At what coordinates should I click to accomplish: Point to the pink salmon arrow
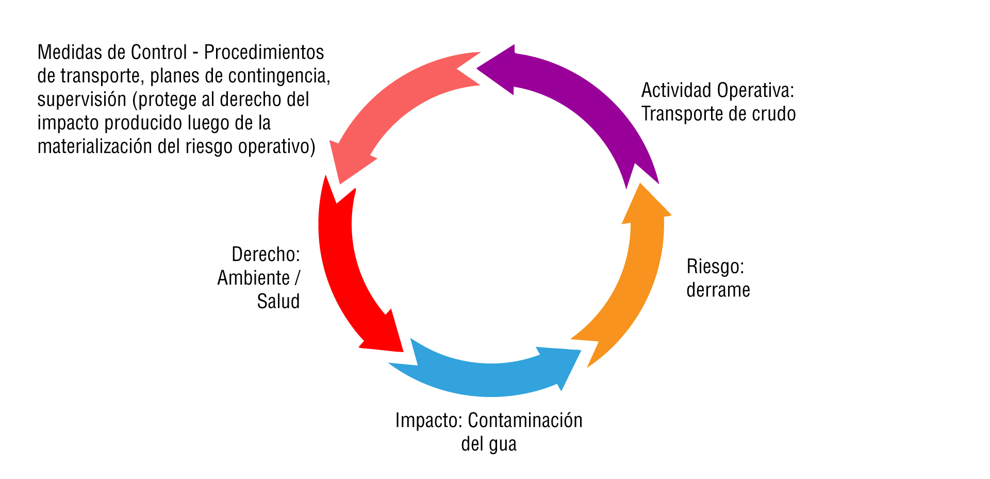(x=392, y=103)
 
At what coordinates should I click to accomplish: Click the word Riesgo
(x=715, y=267)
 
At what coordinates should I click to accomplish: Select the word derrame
(x=718, y=290)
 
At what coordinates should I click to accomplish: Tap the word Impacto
(x=428, y=421)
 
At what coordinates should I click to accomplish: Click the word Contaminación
(x=525, y=421)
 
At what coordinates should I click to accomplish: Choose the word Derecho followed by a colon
(x=266, y=254)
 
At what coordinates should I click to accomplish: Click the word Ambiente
(x=254, y=278)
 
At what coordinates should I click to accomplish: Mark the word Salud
(x=278, y=302)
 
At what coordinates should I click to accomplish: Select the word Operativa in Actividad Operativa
(x=755, y=91)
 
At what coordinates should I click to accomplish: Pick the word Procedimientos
(x=264, y=53)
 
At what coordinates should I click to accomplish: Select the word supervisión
(x=82, y=100)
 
